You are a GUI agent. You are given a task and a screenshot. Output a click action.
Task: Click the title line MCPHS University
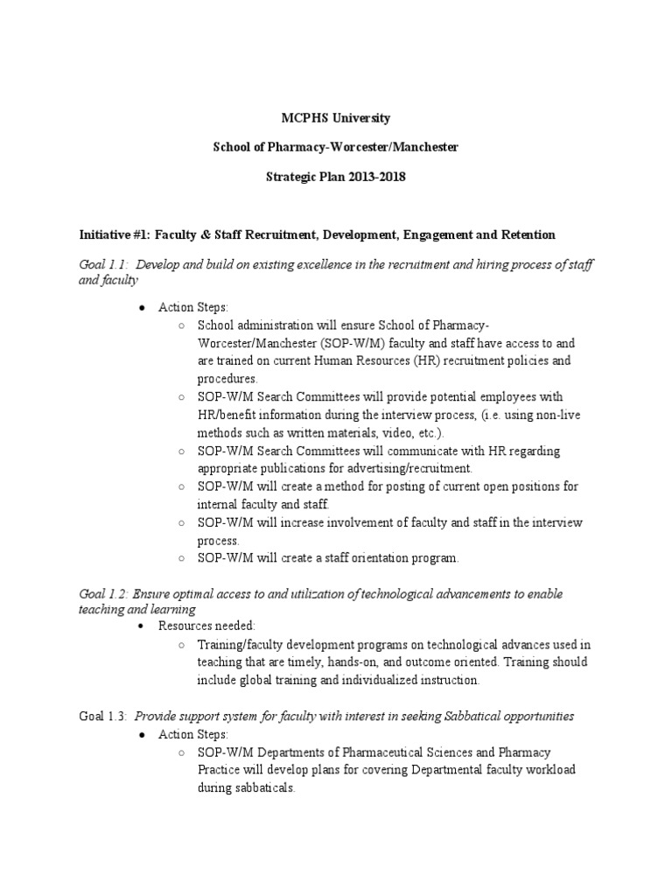click(x=336, y=117)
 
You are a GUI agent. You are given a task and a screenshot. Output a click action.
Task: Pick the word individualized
click(x=380, y=680)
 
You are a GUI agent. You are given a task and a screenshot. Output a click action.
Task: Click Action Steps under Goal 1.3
click(x=192, y=734)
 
